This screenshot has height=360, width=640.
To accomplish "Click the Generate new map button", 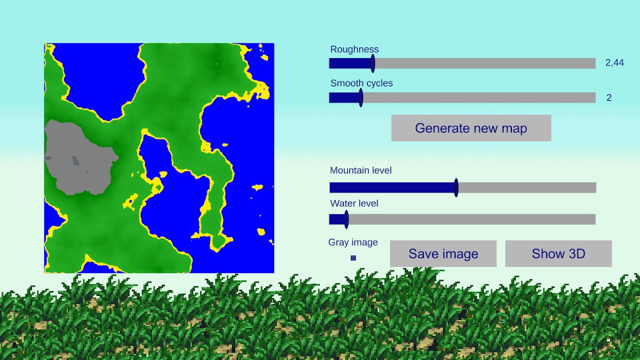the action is (x=471, y=128).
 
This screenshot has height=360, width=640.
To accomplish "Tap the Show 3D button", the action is (x=558, y=254).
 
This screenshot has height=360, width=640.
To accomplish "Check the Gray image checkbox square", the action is (x=354, y=258).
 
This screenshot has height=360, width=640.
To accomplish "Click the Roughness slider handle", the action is (x=373, y=63).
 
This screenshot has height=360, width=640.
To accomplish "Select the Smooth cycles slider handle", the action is (x=361, y=98).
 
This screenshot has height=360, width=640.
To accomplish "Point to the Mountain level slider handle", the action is (x=457, y=188).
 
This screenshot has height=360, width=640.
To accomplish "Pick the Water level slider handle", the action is (x=347, y=219).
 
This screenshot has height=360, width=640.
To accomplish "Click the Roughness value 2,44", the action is (x=614, y=63).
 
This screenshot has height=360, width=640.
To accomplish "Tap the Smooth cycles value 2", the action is (x=609, y=98).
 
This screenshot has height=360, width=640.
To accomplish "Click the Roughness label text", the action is (x=354, y=49).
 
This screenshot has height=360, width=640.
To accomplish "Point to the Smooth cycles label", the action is (x=362, y=83).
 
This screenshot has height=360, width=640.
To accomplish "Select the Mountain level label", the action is (x=361, y=170).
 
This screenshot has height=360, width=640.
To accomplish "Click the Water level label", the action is (x=354, y=203).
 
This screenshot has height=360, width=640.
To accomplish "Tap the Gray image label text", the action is (x=353, y=242).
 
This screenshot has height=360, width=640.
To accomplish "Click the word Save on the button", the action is (x=422, y=254).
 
